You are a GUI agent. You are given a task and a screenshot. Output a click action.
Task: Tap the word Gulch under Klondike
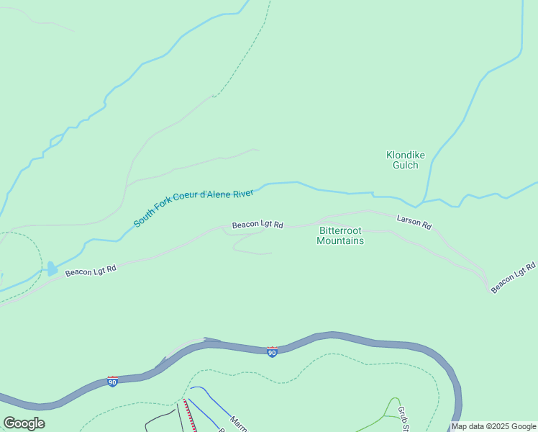[405, 165]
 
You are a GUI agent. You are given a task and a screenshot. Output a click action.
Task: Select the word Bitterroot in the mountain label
[340, 230]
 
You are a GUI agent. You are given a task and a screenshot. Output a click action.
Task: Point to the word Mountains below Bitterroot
[340, 241]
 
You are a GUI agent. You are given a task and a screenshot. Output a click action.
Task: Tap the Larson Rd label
[414, 222]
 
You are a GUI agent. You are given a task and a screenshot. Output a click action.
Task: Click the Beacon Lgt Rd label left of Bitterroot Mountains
[257, 225]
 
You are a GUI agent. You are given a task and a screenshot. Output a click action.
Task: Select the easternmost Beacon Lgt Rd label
[514, 278]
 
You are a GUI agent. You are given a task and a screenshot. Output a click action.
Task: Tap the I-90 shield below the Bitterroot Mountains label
[271, 352]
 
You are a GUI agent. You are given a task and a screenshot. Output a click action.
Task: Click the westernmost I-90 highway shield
[113, 381]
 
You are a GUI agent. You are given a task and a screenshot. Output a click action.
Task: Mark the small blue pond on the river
[52, 269]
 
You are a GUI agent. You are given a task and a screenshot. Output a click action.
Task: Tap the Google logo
[24, 423]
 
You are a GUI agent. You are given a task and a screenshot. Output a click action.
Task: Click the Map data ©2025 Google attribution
[493, 426]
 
